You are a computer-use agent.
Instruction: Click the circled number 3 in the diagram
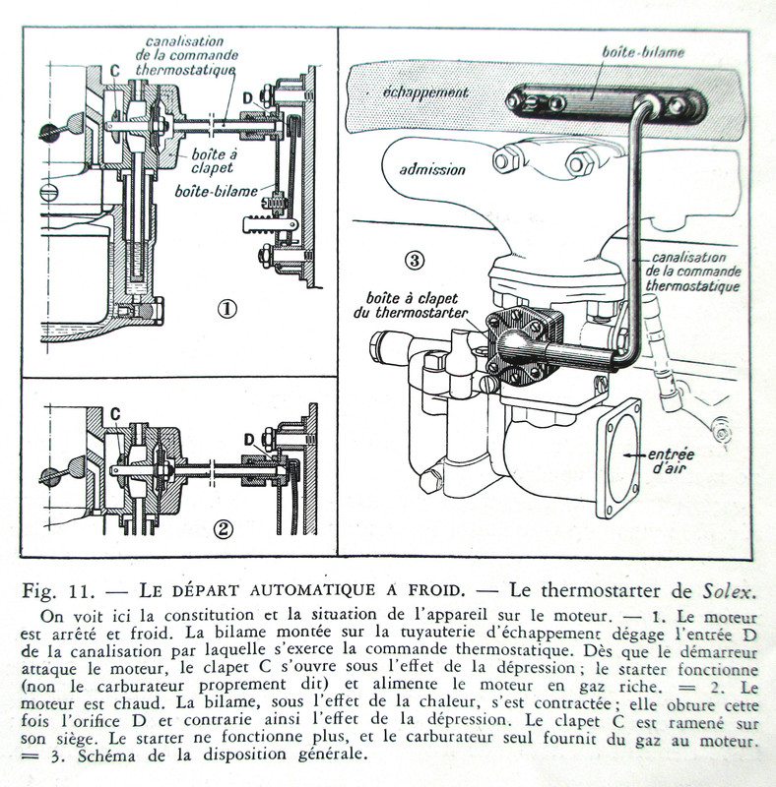click(x=415, y=260)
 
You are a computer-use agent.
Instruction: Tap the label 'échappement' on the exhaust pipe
click(x=426, y=92)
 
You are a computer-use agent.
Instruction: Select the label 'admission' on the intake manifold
click(x=432, y=169)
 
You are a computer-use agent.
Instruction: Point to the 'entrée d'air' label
click(x=673, y=460)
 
